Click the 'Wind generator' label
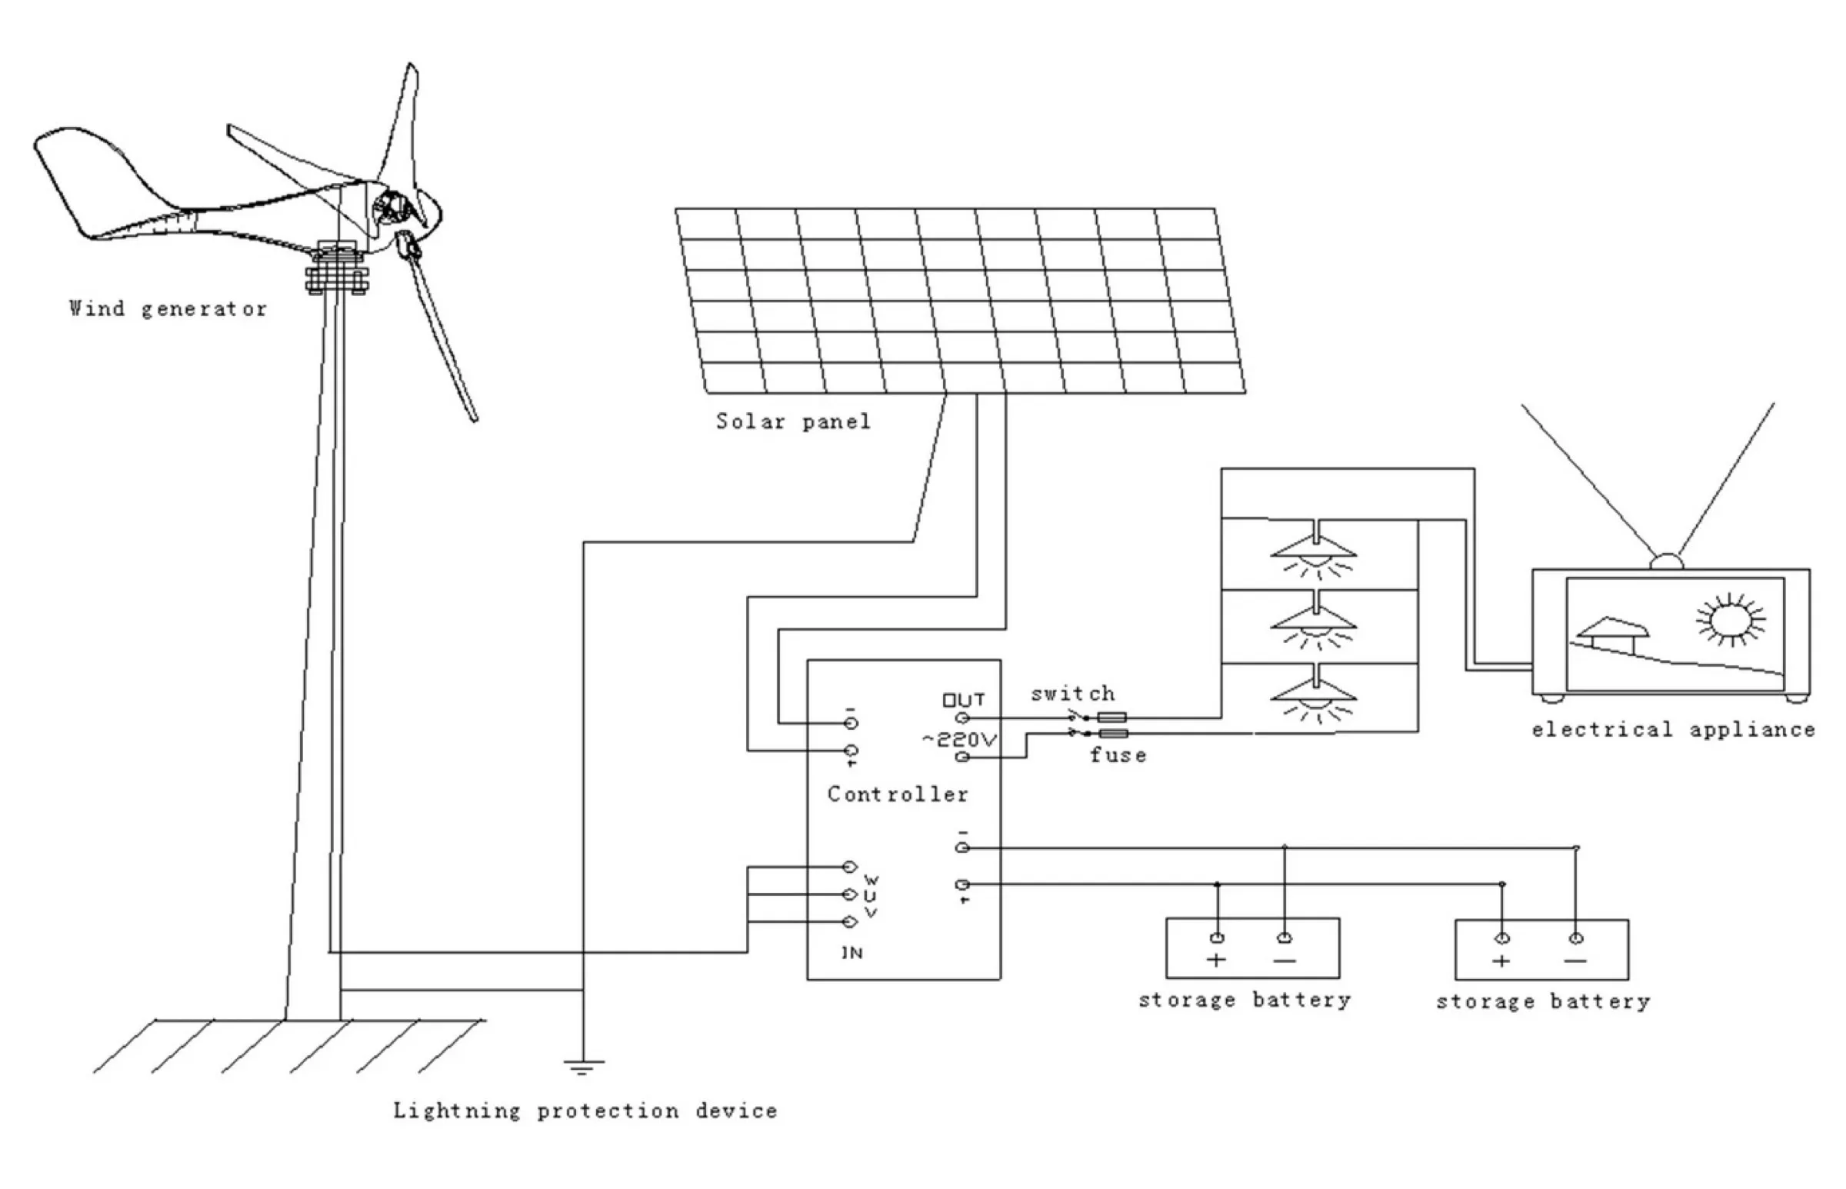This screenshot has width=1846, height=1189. (x=168, y=309)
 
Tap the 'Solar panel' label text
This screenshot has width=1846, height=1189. (x=793, y=421)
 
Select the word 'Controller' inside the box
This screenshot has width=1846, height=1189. (x=897, y=794)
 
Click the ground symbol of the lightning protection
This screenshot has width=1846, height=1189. (x=584, y=1067)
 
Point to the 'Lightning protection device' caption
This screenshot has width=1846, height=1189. (x=585, y=1111)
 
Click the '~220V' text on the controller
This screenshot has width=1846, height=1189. (x=960, y=740)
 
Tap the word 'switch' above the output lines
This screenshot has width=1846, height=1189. (x=1072, y=693)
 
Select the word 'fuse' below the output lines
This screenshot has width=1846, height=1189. (x=1118, y=755)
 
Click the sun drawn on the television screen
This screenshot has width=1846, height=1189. (x=1730, y=619)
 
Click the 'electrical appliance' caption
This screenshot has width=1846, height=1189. (x=1673, y=730)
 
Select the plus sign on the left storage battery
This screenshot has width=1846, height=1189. (x=1216, y=960)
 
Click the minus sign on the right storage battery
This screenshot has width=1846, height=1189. (x=1575, y=961)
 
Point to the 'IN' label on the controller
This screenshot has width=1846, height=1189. (x=851, y=953)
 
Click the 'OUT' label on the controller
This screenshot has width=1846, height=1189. (x=964, y=701)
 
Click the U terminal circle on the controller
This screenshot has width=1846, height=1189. (x=849, y=894)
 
